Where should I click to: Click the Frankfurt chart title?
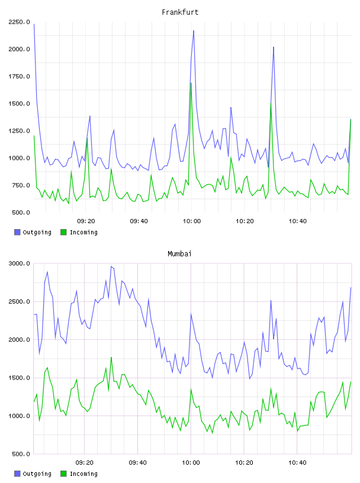click(180, 12)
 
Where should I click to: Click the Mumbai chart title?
click(179, 254)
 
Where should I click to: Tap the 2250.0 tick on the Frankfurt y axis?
click(19, 22)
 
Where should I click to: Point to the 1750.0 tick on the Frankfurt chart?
click(19, 76)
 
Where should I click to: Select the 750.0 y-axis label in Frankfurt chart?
click(21, 185)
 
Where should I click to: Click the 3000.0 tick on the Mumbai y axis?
click(19, 263)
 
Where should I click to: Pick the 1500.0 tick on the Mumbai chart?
click(19, 378)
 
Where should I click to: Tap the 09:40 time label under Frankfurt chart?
click(139, 221)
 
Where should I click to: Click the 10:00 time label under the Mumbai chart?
click(191, 462)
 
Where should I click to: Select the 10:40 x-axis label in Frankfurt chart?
click(297, 221)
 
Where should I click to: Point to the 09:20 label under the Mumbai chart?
click(85, 462)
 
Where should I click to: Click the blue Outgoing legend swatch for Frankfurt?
click(17, 232)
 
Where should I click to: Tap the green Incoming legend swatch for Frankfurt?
click(63, 232)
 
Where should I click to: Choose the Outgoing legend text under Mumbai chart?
click(37, 474)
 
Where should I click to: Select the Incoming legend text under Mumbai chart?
click(83, 474)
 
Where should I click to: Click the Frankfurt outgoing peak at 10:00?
click(194, 31)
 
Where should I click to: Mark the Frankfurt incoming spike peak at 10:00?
click(191, 83)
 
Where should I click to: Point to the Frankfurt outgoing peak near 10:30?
click(274, 47)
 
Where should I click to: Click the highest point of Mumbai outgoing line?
click(111, 266)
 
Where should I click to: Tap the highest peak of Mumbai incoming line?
click(111, 358)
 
